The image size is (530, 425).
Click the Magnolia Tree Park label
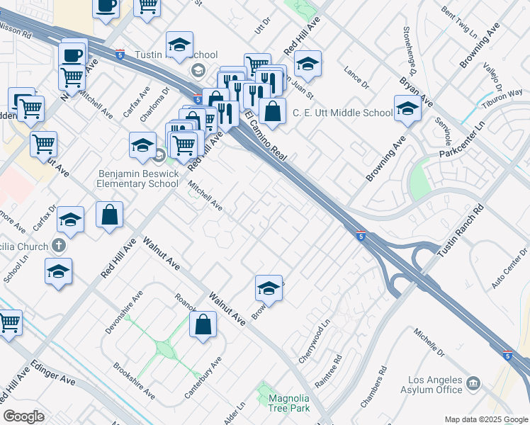(289, 404)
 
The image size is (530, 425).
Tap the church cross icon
(59, 246)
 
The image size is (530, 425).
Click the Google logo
(23, 416)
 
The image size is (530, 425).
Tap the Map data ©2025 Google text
(485, 419)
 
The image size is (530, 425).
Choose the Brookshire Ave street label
(134, 380)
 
